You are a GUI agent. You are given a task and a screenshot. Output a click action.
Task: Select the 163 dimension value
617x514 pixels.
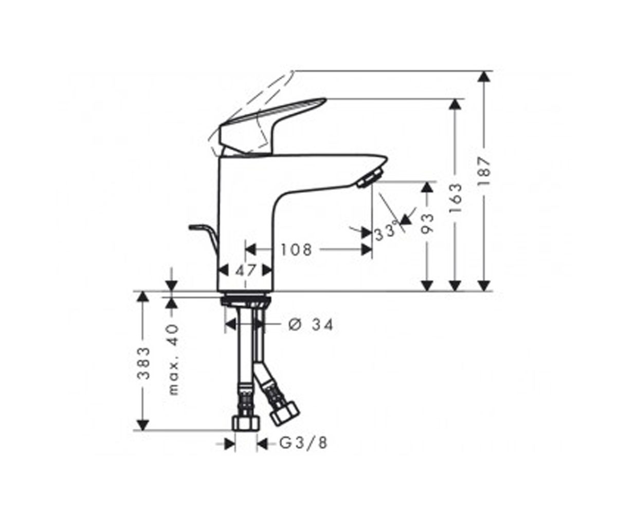[455, 198]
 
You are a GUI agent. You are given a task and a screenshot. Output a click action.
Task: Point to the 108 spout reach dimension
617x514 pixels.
[296, 250]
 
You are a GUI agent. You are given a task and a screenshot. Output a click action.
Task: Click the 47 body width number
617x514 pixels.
[246, 270]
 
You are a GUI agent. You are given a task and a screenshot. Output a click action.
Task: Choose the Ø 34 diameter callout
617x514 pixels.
[311, 325]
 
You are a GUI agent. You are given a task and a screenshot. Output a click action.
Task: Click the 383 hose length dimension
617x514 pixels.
[144, 363]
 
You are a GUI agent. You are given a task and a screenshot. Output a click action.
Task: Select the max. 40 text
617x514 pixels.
[173, 359]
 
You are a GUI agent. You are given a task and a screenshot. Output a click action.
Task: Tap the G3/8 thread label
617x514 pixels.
[303, 443]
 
